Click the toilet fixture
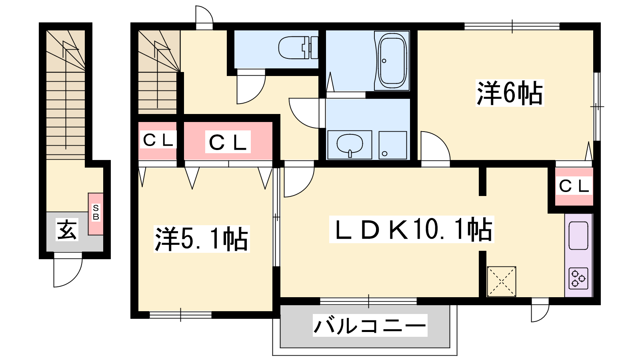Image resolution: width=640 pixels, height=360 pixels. pos(298,48)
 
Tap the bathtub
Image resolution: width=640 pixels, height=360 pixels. pos(392,60)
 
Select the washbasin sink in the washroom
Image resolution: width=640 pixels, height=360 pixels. pos(350,145)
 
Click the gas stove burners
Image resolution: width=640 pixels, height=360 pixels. pos(578,278)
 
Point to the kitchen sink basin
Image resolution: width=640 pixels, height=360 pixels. pos(578,236)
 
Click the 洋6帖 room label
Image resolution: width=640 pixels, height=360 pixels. pos(510,93)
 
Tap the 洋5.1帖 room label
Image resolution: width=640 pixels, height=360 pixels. pos(202,239)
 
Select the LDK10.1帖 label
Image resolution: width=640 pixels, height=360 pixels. pos(412,230)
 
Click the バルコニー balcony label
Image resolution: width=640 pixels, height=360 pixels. pos(370,325)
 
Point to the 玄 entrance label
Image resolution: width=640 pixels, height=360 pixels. pos(67,230)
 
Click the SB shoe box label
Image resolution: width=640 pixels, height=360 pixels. pos(96,212)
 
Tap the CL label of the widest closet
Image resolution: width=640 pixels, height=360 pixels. pos(228,142)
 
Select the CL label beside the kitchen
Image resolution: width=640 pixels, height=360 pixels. pos(574,186)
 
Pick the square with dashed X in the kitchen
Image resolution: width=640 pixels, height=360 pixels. pos(502,282)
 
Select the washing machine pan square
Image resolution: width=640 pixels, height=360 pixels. pos(393,145)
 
